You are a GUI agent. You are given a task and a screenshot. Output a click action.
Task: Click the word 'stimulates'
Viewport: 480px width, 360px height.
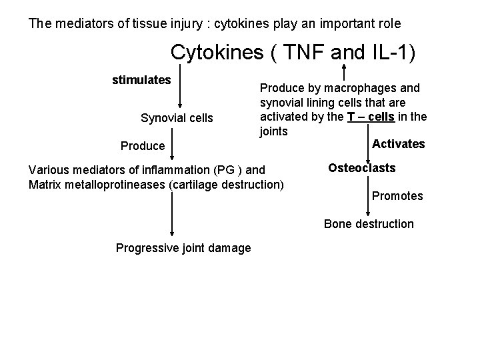[141, 81]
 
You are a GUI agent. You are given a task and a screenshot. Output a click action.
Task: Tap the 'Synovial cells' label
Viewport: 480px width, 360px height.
[177, 118]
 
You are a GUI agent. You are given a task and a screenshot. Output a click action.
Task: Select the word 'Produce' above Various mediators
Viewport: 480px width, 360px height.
[142, 146]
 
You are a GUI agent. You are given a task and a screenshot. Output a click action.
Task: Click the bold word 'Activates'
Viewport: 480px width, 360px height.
[398, 144]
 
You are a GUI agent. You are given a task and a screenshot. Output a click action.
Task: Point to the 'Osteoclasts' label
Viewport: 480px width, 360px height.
[361, 168]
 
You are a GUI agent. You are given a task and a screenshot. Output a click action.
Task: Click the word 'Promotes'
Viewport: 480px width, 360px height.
[397, 196]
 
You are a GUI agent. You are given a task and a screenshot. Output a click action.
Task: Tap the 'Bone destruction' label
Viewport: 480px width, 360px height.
[369, 224]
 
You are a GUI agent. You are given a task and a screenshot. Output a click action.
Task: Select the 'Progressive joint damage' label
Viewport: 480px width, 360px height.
[183, 248]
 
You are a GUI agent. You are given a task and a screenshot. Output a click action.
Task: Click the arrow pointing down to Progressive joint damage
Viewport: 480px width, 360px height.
[172, 213]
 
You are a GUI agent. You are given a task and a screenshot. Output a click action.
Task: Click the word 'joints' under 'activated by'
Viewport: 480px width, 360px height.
[274, 131]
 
